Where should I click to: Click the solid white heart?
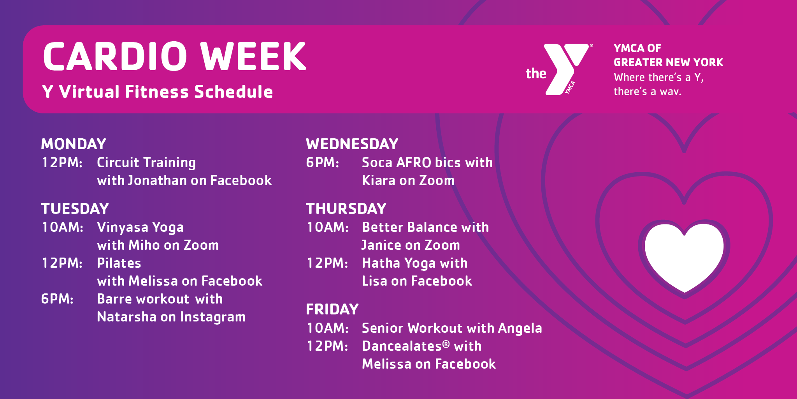[x=684, y=255]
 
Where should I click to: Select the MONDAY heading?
[x=74, y=144]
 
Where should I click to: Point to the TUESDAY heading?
[x=75, y=209]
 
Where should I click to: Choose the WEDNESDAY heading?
[x=352, y=144]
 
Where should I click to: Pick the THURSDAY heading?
[x=346, y=209]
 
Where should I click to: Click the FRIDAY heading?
[x=332, y=309]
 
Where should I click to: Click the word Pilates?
[x=119, y=263]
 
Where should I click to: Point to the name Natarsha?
[x=127, y=317]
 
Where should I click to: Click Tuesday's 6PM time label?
[x=58, y=299]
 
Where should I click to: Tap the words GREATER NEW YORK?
[x=668, y=62]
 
